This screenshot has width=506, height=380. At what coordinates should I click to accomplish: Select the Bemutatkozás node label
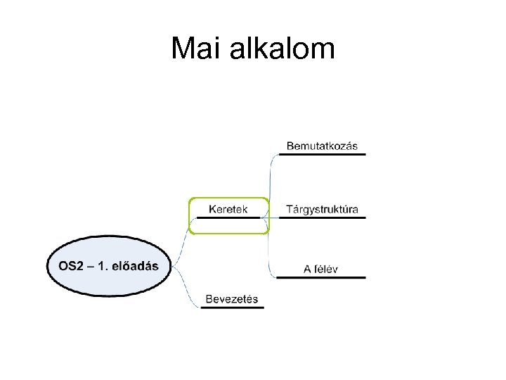[322, 146]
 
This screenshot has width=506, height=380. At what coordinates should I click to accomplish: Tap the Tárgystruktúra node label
[322, 209]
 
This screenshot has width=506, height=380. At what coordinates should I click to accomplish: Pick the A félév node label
[321, 269]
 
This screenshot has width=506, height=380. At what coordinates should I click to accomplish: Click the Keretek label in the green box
[228, 209]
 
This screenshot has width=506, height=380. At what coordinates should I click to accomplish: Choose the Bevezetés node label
[232, 299]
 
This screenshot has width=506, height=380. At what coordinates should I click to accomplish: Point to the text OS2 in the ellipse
[71, 266]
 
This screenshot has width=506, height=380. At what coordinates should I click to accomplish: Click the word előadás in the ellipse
[135, 266]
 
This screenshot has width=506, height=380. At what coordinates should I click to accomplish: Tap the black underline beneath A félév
[321, 277]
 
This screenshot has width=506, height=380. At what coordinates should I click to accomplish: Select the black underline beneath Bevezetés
[232, 308]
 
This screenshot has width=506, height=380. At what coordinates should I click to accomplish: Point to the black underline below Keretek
[228, 217]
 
